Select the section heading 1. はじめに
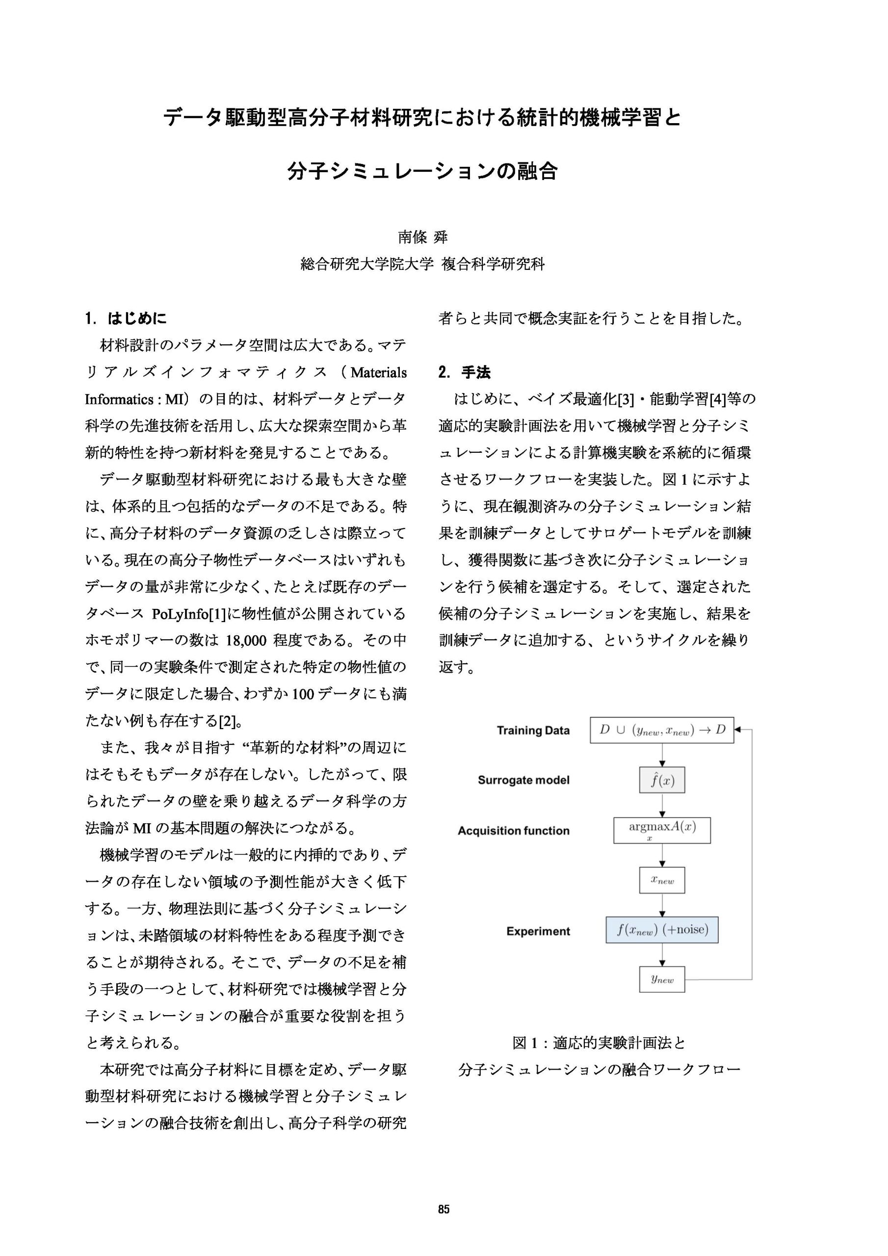pyautogui.click(x=126, y=318)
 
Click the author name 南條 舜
pyautogui.click(x=422, y=237)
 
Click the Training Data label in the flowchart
pyautogui.click(x=533, y=731)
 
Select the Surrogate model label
pyautogui.click(x=523, y=780)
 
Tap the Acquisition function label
pyautogui.click(x=514, y=831)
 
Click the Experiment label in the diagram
pyautogui.click(x=538, y=931)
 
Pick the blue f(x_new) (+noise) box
pyautogui.click(x=662, y=930)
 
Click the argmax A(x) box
pyautogui.click(x=662, y=831)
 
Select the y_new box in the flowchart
pyautogui.click(x=662, y=979)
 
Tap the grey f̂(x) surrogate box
pyautogui.click(x=662, y=780)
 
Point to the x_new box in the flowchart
pyautogui.click(x=662, y=880)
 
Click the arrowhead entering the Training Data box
pyautogui.click(x=737, y=730)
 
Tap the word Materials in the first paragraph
pyautogui.click(x=379, y=373)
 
